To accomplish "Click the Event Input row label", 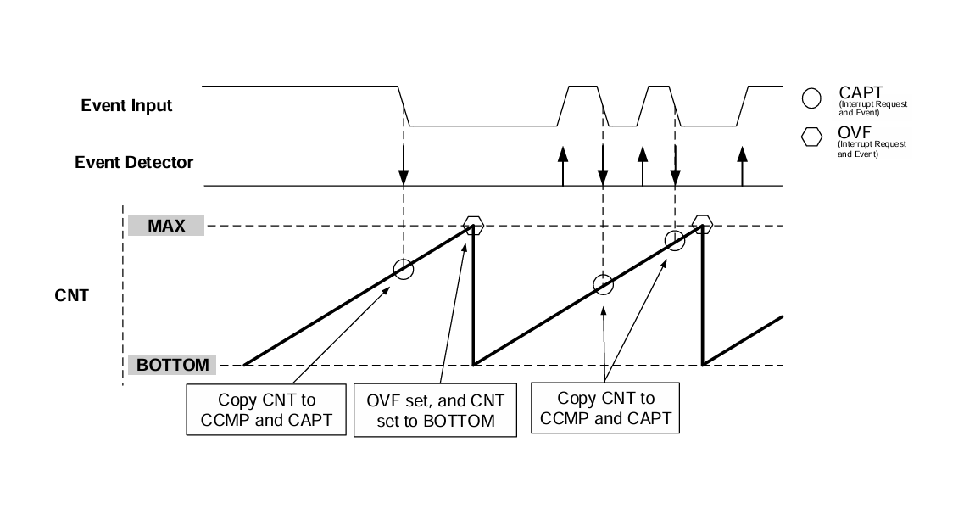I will click(x=126, y=106).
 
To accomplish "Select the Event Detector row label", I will click(x=134, y=161).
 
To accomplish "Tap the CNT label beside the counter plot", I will click(x=65, y=297).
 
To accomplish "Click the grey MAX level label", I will click(x=166, y=227).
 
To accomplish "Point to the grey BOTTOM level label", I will click(x=172, y=366).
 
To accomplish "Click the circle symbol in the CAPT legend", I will click(x=811, y=98).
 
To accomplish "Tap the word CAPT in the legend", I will click(x=861, y=92).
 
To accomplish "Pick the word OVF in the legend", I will click(x=855, y=132).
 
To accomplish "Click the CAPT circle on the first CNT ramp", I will click(x=404, y=270).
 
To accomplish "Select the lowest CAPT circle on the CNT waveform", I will click(x=603, y=283).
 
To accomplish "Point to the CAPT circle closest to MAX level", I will click(x=675, y=240).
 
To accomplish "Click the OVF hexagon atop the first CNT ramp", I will click(x=474, y=226).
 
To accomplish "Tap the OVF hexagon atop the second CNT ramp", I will click(x=702, y=225).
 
